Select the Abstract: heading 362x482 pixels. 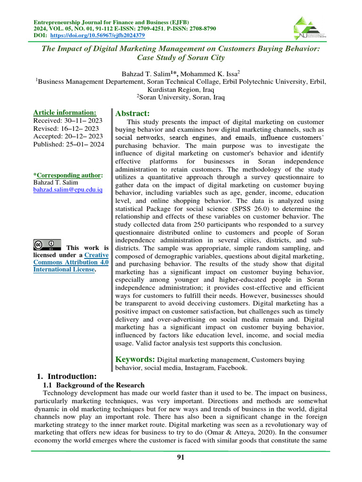pos(132,113)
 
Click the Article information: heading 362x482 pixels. pos(65,112)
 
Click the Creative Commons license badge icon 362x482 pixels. pos(47,245)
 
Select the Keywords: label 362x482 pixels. pos(135,359)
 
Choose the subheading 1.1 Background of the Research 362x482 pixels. pos(93,385)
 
